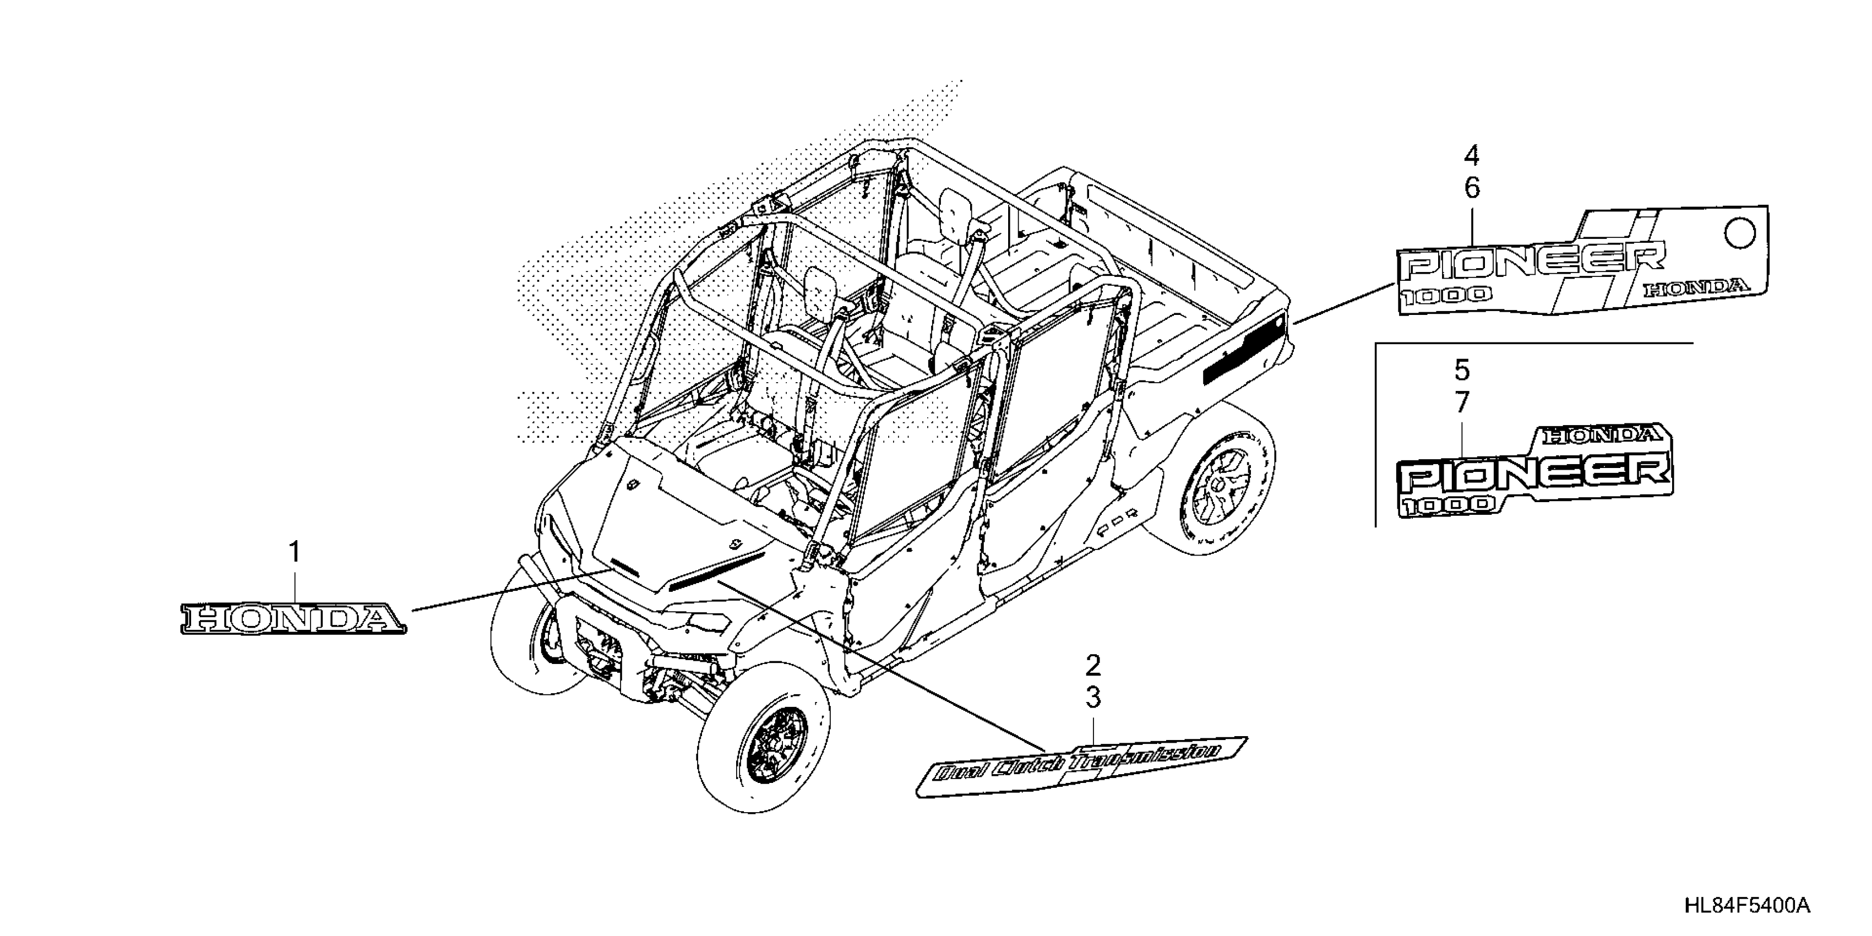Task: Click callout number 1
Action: (x=295, y=552)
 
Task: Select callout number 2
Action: (x=1093, y=665)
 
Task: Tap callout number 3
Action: (x=1093, y=698)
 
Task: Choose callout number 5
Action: (x=1462, y=370)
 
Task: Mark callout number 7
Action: (x=1462, y=402)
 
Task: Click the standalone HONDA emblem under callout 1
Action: (x=293, y=618)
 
